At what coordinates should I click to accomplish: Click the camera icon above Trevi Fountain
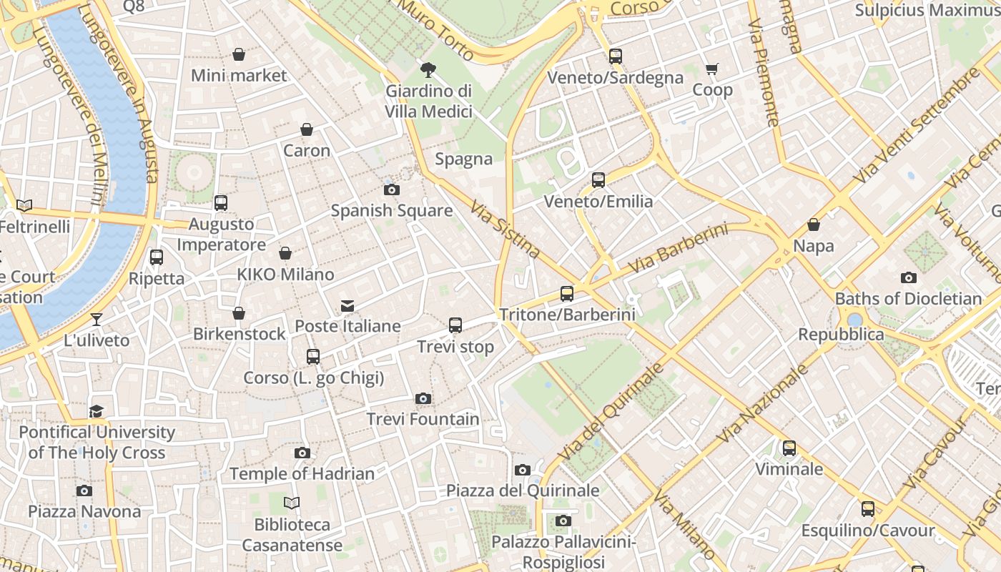[x=423, y=398]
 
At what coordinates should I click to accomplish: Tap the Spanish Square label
[x=391, y=210]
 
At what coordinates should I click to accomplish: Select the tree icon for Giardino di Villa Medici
[x=428, y=69]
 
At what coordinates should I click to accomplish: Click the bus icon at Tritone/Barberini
[x=567, y=293]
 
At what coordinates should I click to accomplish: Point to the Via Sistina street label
[x=505, y=229]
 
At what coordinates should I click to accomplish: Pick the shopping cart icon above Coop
[x=711, y=69]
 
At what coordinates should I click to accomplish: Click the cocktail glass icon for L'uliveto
[x=97, y=319]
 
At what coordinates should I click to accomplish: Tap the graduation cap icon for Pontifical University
[x=97, y=411]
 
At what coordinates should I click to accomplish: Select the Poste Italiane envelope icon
[x=347, y=306]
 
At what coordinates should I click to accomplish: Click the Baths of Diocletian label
[x=908, y=298]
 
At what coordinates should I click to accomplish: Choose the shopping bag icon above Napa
[x=813, y=225]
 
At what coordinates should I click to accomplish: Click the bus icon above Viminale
[x=789, y=448]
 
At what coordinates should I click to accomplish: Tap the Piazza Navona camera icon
[x=84, y=490]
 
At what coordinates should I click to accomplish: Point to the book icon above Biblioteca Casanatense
[x=292, y=503]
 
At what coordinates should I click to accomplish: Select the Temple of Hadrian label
[x=302, y=473]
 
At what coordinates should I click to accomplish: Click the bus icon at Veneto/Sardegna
[x=616, y=56]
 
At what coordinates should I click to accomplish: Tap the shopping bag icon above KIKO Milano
[x=285, y=253]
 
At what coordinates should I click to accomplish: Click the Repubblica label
[x=841, y=335]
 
